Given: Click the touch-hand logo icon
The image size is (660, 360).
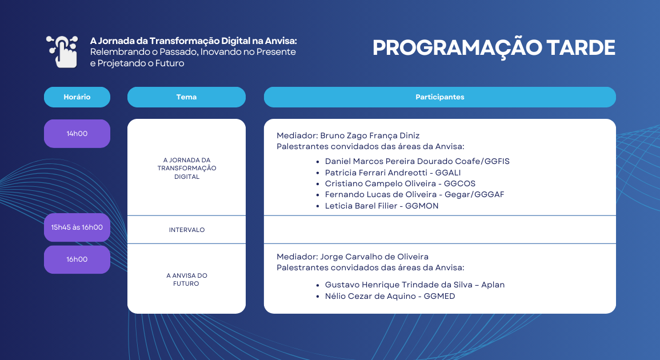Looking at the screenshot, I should coord(62,51).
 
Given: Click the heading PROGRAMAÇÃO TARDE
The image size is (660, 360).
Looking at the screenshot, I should coord(494,48).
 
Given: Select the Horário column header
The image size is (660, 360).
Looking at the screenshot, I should coord(77,97).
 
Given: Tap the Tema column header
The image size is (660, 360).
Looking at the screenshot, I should coord(186,97).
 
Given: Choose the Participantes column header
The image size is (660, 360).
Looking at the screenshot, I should coord(439,97).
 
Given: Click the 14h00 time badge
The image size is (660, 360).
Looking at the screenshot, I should coord(77,134).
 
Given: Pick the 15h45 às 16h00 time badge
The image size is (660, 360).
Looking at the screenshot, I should coord(77,227).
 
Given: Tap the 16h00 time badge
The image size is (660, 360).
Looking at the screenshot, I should coord(77,259).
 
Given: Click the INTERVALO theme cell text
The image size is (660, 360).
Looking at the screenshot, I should coord(186,230).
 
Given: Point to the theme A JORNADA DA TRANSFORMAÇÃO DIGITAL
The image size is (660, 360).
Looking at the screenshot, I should coord(186,169).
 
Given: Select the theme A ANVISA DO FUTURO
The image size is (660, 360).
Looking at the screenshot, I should coord(186,279).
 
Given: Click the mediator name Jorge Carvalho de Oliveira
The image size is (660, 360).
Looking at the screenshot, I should coord(374,257).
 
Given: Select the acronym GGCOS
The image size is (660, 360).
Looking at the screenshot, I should coord(458,183).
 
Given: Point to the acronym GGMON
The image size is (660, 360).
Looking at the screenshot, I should coord(422,206).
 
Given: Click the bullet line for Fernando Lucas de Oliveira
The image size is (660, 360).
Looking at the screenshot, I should coord(414,195).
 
